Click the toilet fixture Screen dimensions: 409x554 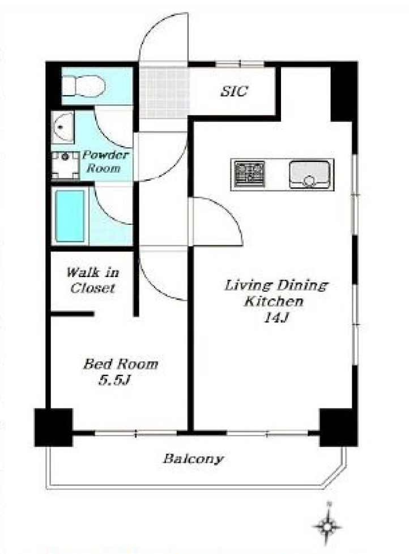point(84,86)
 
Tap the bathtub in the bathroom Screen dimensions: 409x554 point(70,216)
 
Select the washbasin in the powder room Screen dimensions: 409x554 point(62,127)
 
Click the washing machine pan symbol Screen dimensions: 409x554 point(65,165)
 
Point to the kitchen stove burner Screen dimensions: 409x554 point(249,174)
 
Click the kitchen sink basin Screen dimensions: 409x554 point(309,174)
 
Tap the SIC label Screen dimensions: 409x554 point(234,92)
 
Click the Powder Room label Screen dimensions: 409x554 point(105,161)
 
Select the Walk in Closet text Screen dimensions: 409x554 point(92,280)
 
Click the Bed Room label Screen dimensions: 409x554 point(121,364)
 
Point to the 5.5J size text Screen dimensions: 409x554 point(115,380)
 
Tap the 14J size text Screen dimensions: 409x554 point(276,318)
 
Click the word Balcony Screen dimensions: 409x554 point(193,459)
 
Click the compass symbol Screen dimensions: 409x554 point(328,526)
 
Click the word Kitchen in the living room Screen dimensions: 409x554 point(274,301)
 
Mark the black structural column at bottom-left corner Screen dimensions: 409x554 point(53,427)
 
